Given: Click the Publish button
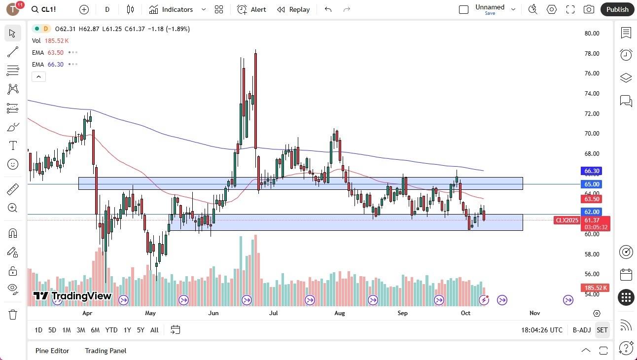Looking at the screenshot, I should tap(617, 9).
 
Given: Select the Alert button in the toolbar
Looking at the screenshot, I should tap(251, 9).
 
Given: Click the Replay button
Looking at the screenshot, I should tap(293, 9).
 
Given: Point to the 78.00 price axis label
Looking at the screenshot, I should tap(592, 53).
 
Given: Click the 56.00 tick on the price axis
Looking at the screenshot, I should tap(592, 274).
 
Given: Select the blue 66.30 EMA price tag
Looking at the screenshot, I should tap(592, 171).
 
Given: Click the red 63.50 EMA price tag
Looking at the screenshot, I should tap(592, 199).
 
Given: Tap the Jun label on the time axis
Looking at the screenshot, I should tap(213, 313).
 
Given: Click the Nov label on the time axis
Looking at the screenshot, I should tap(534, 313).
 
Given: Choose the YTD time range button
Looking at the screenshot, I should tap(111, 330).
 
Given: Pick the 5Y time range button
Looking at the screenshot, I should tap(141, 330).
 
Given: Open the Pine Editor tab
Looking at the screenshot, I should tap(52, 351).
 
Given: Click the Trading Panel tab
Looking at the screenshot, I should tap(106, 351).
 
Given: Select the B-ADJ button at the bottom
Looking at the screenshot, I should tap(582, 330).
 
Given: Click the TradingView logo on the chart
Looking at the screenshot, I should tap(72, 296).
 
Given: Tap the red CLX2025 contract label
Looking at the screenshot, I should tap(567, 220).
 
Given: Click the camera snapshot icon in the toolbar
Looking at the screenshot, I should tap(589, 9).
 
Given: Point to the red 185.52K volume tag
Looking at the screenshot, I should tap(596, 288).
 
